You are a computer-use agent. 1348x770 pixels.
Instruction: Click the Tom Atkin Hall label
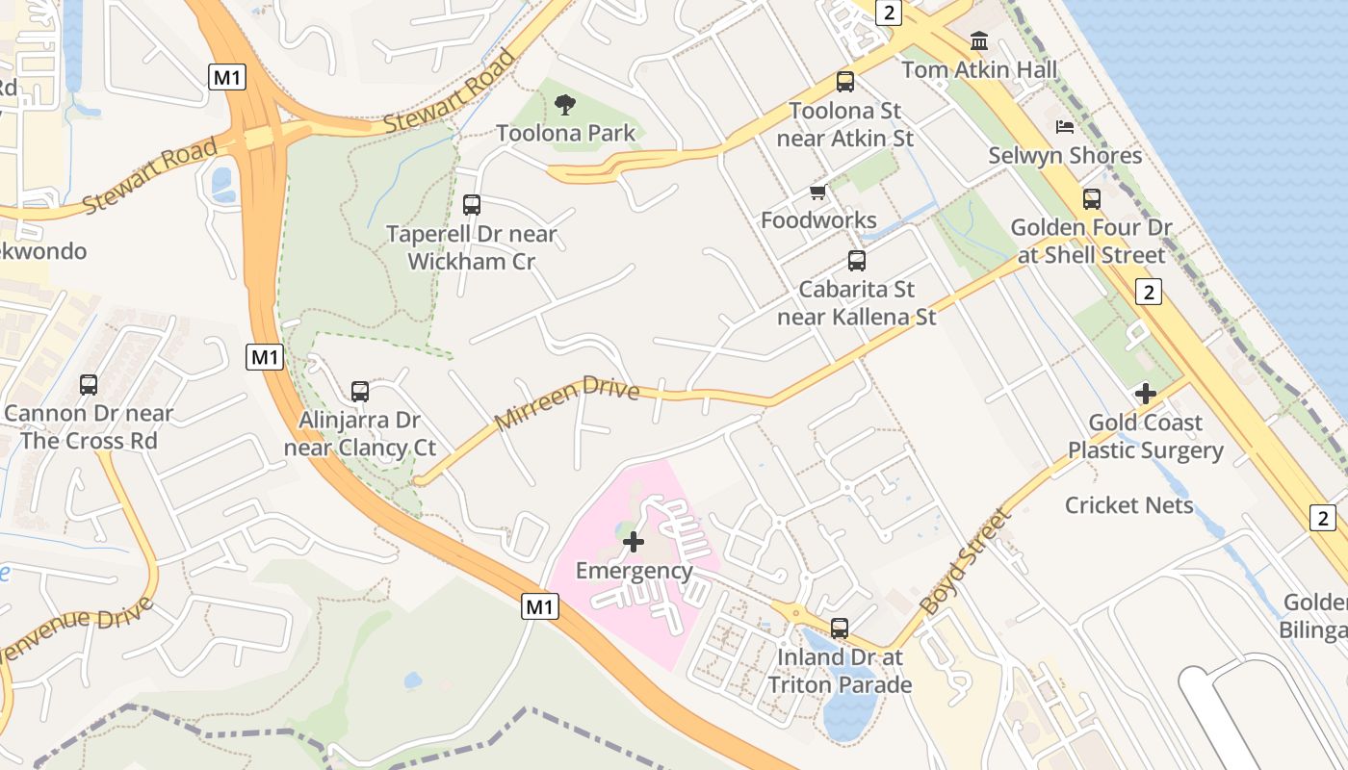(x=979, y=69)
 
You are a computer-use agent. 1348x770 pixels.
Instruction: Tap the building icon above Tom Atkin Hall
(x=979, y=40)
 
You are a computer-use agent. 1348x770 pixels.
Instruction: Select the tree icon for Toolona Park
(x=565, y=104)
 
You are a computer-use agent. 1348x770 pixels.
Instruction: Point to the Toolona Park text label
(x=565, y=133)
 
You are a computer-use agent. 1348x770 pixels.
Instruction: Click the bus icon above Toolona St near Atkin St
(x=845, y=82)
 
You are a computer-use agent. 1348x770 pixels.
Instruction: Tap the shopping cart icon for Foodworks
(x=818, y=192)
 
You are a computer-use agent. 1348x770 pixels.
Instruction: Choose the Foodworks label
(x=818, y=220)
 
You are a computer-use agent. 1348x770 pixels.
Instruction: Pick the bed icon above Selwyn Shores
(x=1065, y=127)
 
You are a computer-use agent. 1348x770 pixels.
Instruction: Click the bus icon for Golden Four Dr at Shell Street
(x=1091, y=199)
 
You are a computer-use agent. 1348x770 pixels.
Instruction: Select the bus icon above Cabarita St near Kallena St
(x=856, y=260)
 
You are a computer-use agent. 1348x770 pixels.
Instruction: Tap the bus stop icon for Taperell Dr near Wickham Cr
(x=471, y=205)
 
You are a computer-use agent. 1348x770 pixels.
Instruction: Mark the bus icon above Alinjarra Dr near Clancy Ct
(x=359, y=392)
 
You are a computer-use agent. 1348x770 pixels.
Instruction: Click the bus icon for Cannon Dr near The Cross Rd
(x=89, y=385)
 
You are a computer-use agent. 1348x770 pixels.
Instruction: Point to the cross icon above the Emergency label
(x=634, y=542)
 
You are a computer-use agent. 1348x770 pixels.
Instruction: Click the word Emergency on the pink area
(x=634, y=571)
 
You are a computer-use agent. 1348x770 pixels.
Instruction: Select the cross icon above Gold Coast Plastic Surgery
(x=1145, y=394)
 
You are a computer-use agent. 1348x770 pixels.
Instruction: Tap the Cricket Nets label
(x=1128, y=505)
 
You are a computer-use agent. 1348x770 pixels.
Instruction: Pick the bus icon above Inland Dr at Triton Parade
(x=840, y=629)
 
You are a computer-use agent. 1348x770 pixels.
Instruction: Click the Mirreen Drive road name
(x=567, y=404)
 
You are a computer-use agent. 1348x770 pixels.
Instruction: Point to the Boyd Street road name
(x=966, y=562)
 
